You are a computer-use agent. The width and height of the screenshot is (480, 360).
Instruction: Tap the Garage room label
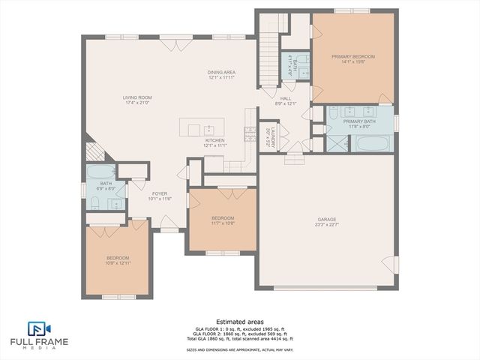325,220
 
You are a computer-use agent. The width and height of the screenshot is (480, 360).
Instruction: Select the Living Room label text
138,97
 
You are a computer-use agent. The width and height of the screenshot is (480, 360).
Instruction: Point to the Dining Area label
221,72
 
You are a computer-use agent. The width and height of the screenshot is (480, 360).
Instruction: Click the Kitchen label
214,140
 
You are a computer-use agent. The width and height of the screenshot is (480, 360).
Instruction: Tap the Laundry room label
274,136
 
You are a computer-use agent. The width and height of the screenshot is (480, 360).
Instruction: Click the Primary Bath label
359,121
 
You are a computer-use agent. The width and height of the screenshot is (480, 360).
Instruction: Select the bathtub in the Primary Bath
371,142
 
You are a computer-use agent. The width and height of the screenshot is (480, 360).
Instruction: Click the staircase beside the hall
268,51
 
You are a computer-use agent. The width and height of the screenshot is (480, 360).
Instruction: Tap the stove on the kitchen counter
249,134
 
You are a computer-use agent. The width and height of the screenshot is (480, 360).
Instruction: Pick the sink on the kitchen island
209,128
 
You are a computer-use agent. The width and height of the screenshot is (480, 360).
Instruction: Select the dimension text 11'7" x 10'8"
223,223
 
